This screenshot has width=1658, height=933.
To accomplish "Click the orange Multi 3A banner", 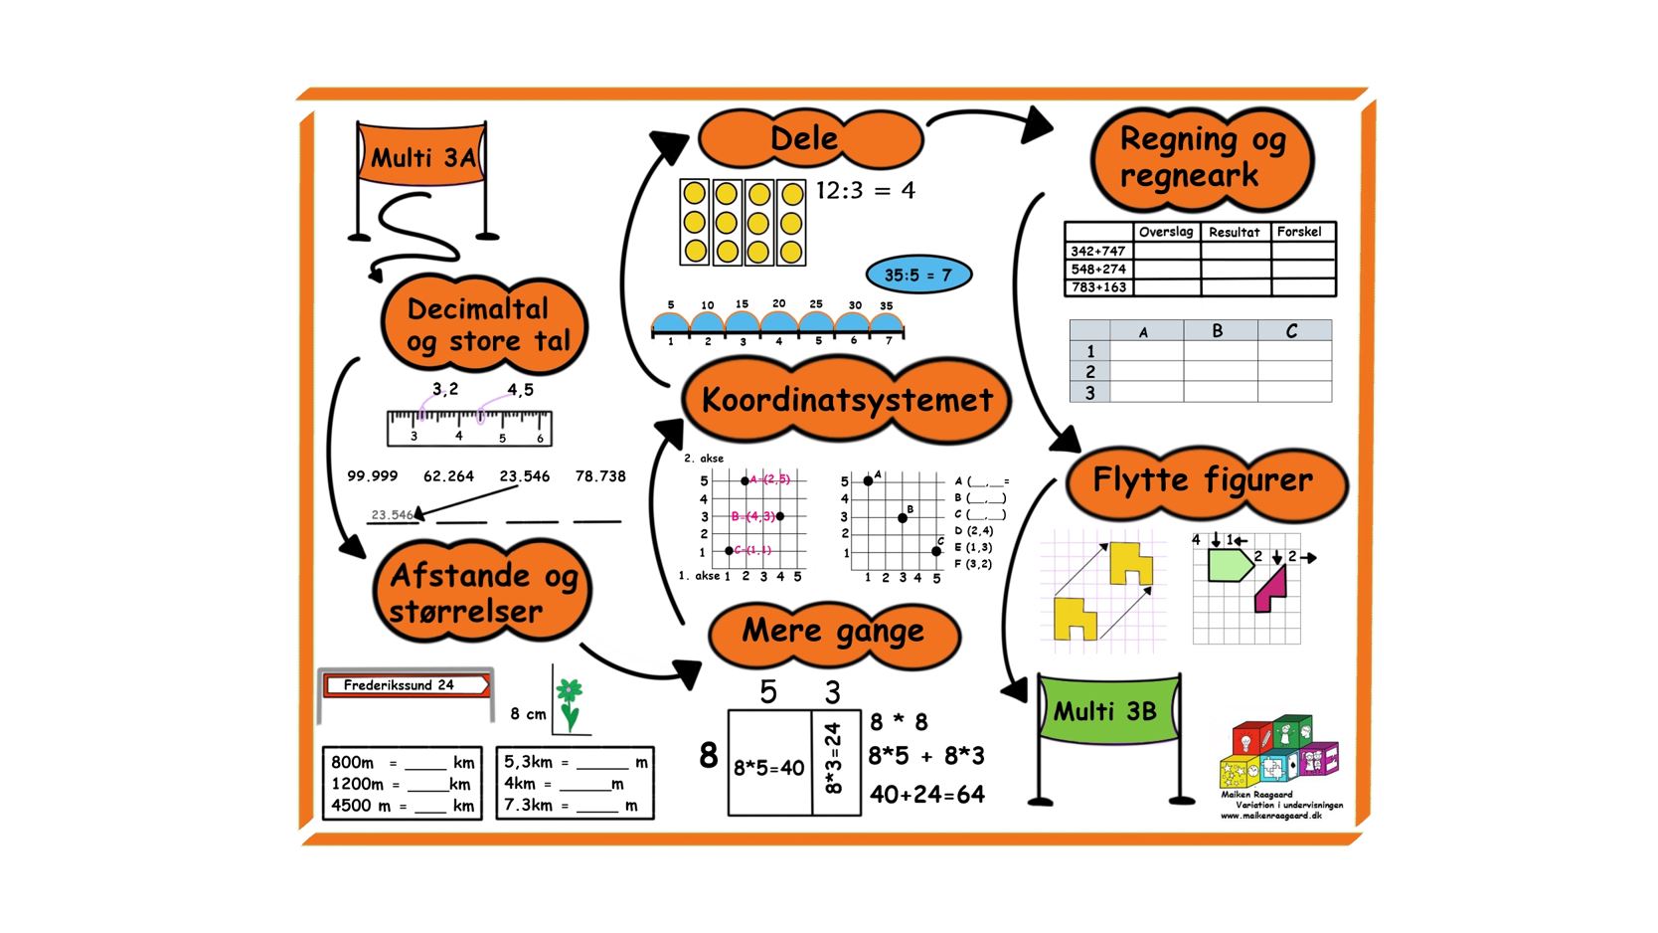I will coord(421,156).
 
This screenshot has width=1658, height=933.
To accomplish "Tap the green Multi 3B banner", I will coord(1107,711).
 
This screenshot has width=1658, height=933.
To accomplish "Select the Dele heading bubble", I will coord(809,139).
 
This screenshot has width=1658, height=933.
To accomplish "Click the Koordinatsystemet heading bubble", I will coord(847,400).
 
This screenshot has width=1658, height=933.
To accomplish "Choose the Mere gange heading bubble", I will coord(833,632).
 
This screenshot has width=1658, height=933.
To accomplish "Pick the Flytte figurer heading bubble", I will coord(1204,481).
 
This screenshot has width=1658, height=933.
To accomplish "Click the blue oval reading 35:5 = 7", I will coord(917,275).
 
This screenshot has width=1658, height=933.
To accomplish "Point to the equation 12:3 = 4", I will coord(865,190).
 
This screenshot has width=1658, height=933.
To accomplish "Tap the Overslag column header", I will coord(1166,232).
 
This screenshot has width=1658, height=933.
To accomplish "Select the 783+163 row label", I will coord(1098,287).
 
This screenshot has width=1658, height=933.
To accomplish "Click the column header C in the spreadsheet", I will coord(1292,331).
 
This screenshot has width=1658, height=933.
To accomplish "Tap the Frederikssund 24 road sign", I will coord(406,685).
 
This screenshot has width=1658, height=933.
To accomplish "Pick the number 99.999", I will coord(372,476).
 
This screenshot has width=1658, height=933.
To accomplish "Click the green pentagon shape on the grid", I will coord(1229,565).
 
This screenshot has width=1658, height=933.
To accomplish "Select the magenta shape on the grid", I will coord(1271,589).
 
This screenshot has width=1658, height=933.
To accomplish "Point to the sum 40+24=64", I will coord(926,794).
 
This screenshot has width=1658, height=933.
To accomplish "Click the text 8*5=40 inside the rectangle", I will coord(768,768).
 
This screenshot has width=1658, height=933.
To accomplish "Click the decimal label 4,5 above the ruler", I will coord(520,390).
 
